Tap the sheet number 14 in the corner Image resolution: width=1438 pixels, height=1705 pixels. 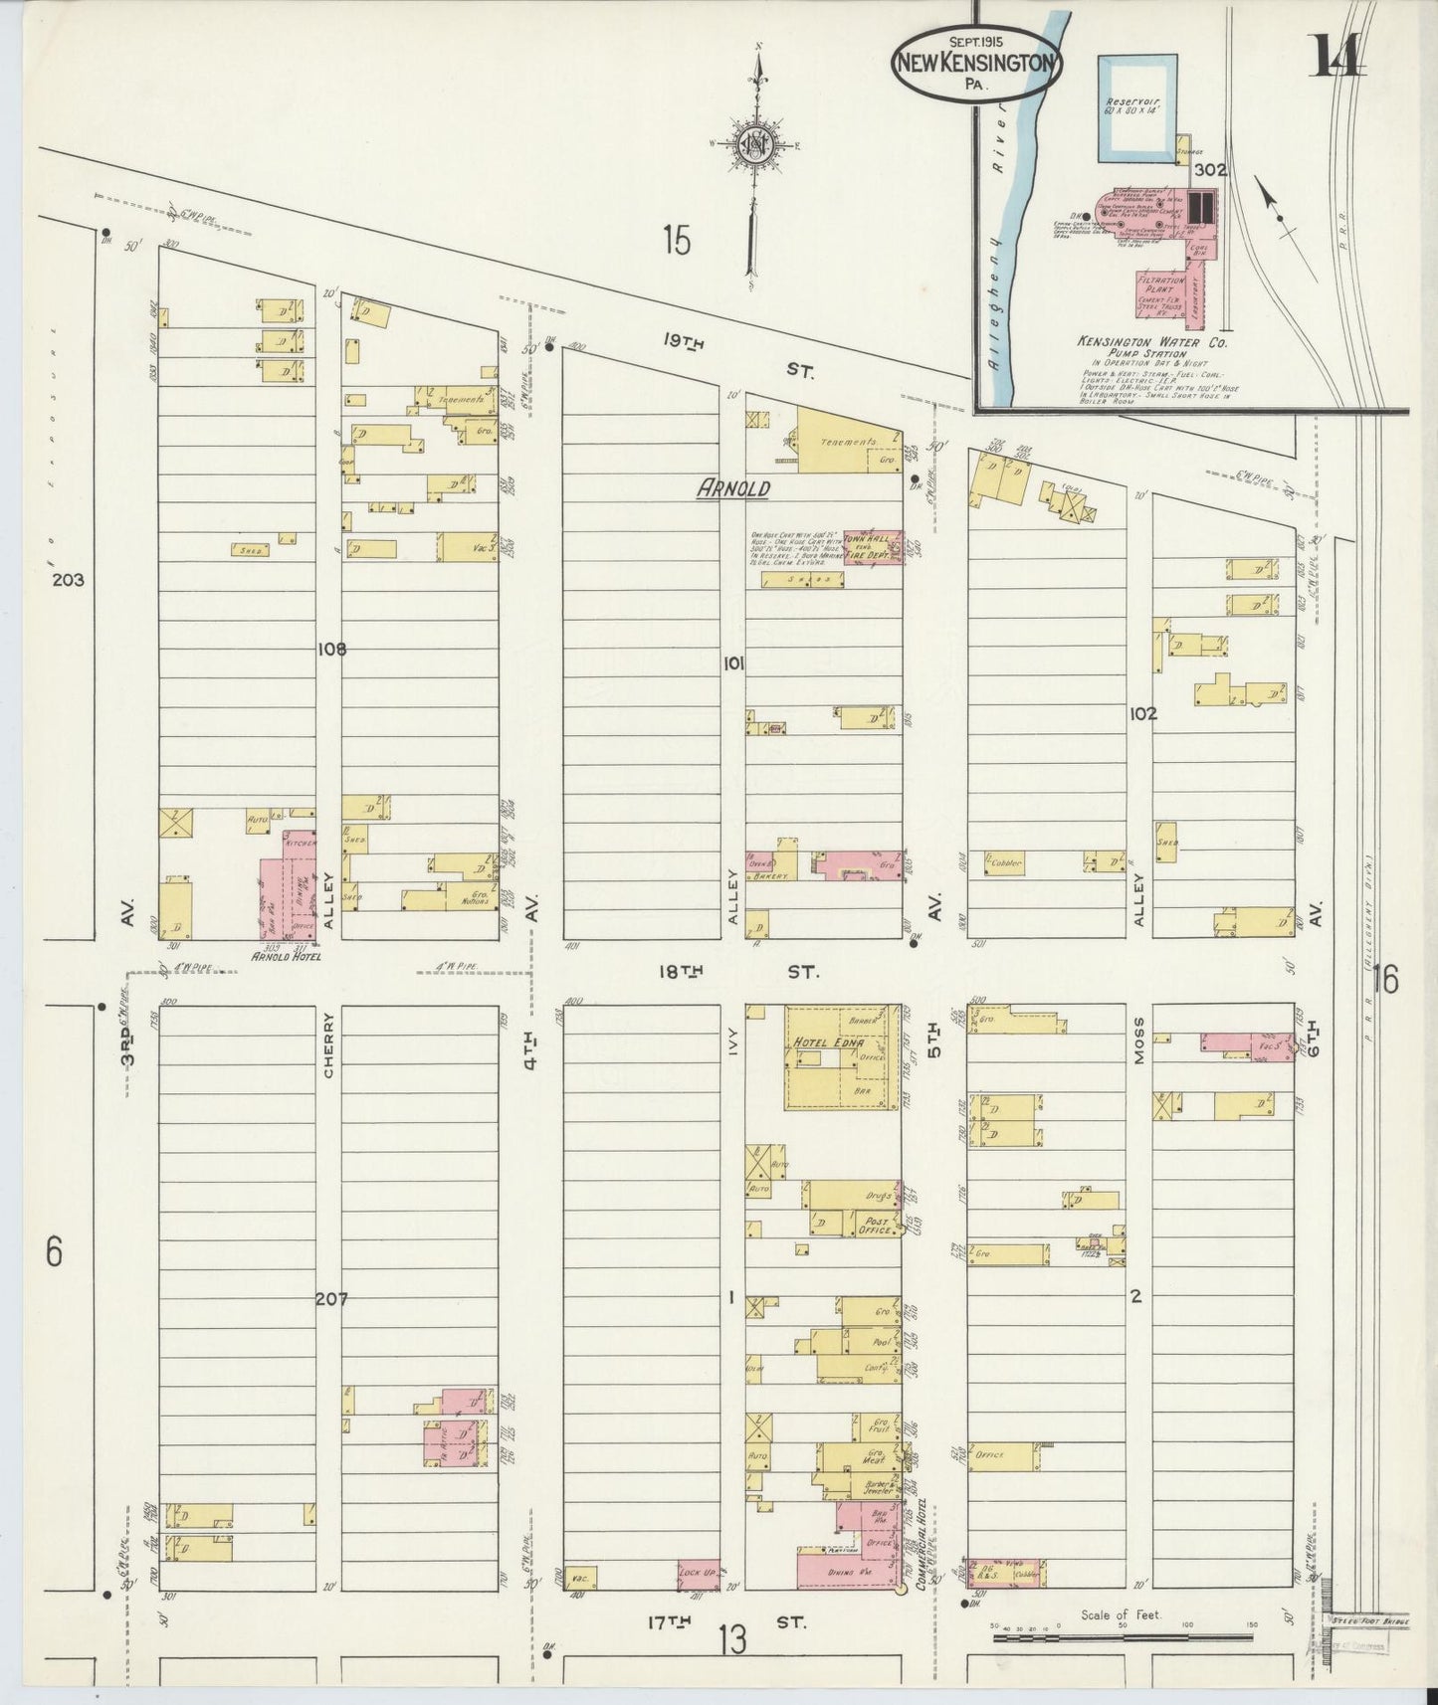point(1337,55)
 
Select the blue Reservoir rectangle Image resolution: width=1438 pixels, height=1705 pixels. point(1136,109)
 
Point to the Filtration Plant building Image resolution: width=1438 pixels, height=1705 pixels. point(1156,288)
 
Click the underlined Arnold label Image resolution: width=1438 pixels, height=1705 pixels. point(734,488)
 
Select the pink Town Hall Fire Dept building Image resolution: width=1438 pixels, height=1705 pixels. point(873,547)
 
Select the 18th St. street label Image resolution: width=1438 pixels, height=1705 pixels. point(738,970)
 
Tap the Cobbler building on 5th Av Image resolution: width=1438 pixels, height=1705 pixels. point(1007,863)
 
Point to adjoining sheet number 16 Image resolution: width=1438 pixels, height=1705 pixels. point(1384,980)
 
